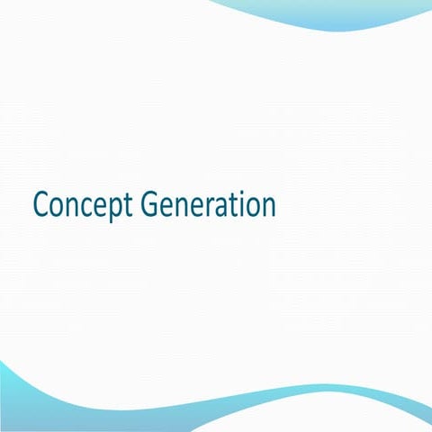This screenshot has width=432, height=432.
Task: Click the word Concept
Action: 84,205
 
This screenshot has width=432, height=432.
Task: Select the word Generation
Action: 209,205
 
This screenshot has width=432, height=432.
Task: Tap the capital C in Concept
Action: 40,205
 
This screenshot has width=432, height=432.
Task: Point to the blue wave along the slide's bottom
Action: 216,409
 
